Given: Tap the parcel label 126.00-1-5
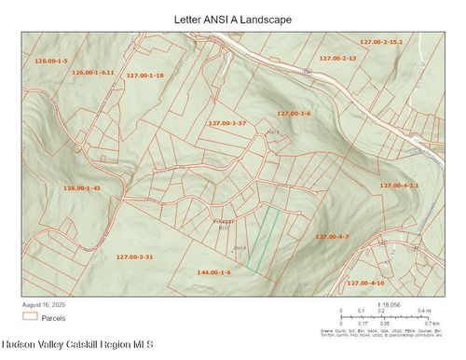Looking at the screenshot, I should [x=51, y=61].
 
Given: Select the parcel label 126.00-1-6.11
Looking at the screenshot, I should [x=92, y=72].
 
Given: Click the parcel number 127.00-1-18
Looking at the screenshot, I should [x=144, y=76].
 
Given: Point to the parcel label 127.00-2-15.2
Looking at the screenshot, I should [x=381, y=42].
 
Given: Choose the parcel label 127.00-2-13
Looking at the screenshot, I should [x=337, y=58].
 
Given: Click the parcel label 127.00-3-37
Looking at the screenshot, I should [x=226, y=123].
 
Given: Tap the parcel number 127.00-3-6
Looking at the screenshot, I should [x=293, y=113].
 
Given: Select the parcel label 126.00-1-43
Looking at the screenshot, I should [x=81, y=188].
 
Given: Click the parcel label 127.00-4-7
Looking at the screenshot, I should [x=331, y=237].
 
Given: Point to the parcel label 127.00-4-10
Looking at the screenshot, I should [x=365, y=283].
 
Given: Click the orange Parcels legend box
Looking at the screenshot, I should [x=30, y=317].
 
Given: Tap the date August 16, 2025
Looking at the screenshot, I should [x=47, y=304].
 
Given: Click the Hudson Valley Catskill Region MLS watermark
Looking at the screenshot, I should [x=76, y=346].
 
